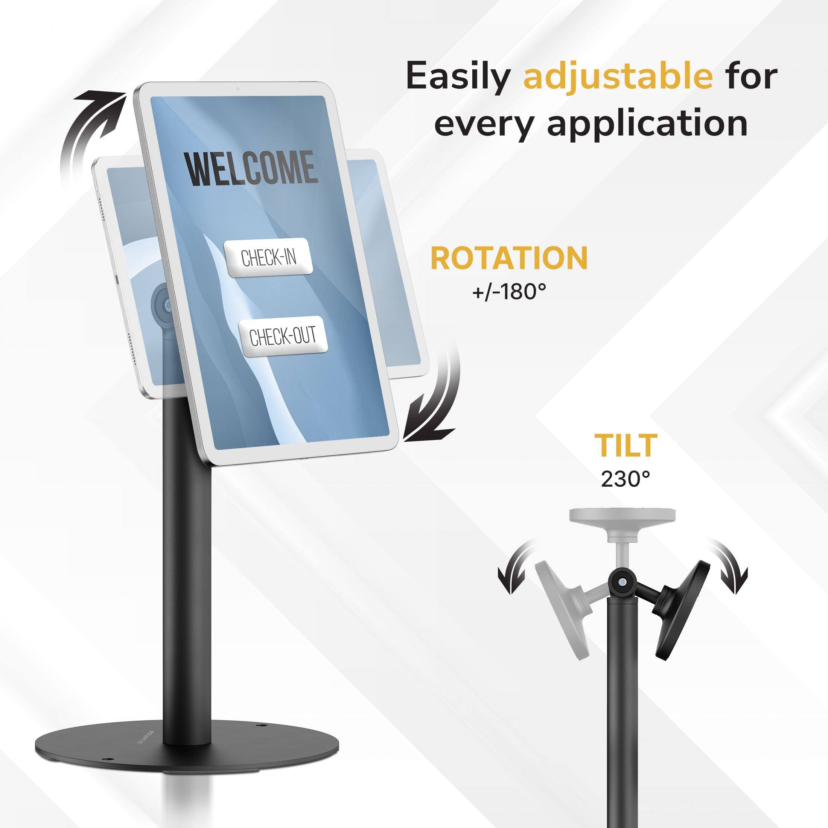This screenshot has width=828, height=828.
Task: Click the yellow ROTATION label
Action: coord(509,259)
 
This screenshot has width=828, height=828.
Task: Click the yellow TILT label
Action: coord(625,445)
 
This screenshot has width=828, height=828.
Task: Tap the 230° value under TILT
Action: coord(625,479)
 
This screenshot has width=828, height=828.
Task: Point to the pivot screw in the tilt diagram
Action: coord(622,583)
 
